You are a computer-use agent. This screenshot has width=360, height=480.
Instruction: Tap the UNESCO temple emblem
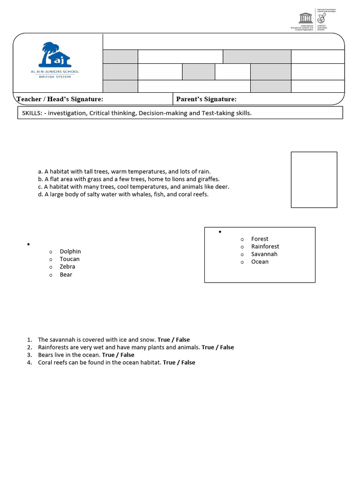point(305,18)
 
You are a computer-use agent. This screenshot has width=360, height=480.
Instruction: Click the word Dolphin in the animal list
point(70,252)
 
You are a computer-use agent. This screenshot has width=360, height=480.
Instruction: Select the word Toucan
point(69,259)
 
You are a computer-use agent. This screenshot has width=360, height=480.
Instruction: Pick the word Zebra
point(67,267)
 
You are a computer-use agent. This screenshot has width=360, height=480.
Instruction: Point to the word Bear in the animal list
point(66,275)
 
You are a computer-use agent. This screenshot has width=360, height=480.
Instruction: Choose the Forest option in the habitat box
point(260,239)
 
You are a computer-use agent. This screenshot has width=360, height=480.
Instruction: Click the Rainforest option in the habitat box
point(265,247)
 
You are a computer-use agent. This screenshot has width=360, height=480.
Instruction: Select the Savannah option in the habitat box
point(264,254)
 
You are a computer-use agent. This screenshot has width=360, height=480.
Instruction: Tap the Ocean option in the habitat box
point(260,262)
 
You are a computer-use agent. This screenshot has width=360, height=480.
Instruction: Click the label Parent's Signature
point(206,99)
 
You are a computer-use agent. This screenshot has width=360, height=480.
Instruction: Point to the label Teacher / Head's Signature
point(60,99)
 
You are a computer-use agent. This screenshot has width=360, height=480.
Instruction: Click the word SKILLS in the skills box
point(32,113)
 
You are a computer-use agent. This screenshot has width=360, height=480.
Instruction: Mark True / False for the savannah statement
point(173,340)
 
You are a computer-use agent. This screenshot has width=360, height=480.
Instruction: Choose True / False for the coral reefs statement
point(179,363)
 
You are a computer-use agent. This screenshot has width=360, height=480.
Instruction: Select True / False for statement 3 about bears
point(118,355)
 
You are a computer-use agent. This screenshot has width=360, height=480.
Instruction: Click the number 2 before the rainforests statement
point(29,347)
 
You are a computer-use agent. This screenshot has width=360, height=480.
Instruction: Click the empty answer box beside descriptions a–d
point(314,180)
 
